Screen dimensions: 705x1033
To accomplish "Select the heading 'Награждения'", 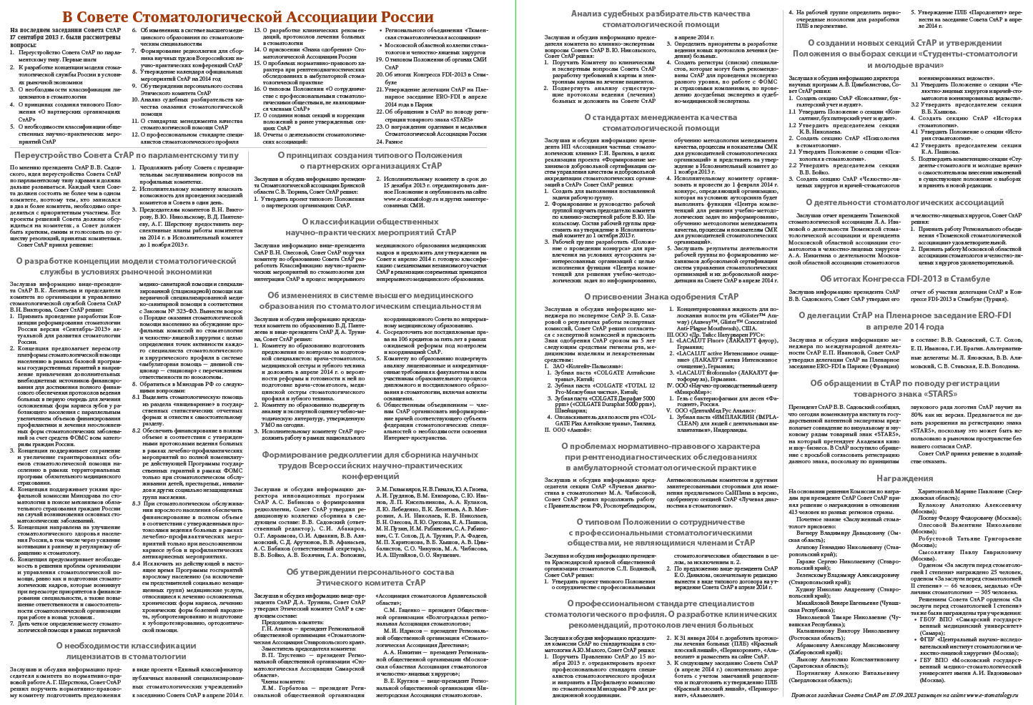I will (904, 478).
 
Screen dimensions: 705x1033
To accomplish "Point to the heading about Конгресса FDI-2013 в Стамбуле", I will (904, 279).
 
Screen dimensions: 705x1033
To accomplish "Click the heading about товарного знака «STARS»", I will (904, 388).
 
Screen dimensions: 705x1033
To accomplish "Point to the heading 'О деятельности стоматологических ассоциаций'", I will (904, 202).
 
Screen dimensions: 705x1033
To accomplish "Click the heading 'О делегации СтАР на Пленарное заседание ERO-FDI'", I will (904, 321).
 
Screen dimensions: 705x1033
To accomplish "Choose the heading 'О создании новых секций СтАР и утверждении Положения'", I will (904, 54).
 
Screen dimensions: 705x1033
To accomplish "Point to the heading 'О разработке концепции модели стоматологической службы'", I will (126, 266).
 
